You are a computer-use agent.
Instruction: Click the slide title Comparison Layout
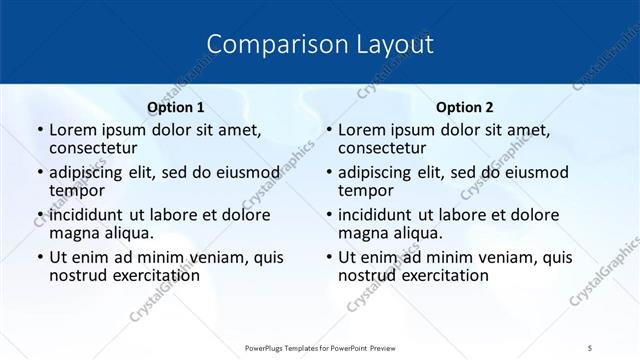(x=320, y=44)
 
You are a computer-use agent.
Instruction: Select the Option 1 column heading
(x=176, y=107)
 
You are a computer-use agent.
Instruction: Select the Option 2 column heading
(x=465, y=107)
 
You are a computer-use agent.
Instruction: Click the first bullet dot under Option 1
(x=39, y=130)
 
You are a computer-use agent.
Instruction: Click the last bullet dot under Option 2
(x=328, y=257)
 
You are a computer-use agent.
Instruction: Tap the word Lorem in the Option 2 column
(x=360, y=130)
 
